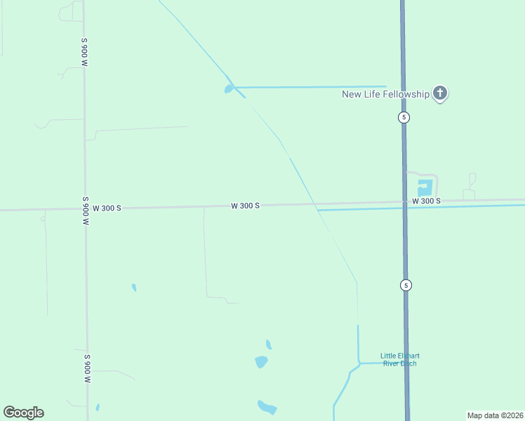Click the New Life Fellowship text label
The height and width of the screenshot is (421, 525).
(385, 94)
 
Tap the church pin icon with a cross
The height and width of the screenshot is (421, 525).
(440, 93)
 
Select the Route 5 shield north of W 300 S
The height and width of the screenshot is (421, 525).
(404, 117)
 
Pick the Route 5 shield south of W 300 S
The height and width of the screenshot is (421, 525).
(406, 285)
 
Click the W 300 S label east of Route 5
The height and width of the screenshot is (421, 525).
(426, 201)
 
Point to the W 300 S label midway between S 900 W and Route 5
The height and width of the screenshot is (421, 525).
(246, 206)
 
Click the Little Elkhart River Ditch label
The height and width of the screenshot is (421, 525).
(399, 359)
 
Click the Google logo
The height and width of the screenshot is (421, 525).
(23, 413)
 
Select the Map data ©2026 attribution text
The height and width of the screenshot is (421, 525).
(495, 415)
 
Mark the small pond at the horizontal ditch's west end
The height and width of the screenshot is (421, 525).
(229, 89)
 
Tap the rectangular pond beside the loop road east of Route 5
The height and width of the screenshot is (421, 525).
(425, 188)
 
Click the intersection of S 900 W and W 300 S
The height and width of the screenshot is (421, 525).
(86, 208)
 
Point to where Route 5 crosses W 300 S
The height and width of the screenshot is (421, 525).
(404, 203)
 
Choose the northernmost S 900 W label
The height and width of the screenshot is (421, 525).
(84, 53)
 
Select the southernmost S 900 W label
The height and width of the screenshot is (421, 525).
(87, 368)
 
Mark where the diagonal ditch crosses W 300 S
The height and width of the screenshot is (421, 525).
(313, 205)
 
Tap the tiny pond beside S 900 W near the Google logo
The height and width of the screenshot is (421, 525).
(98, 407)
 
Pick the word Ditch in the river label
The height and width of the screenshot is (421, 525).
(409, 363)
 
